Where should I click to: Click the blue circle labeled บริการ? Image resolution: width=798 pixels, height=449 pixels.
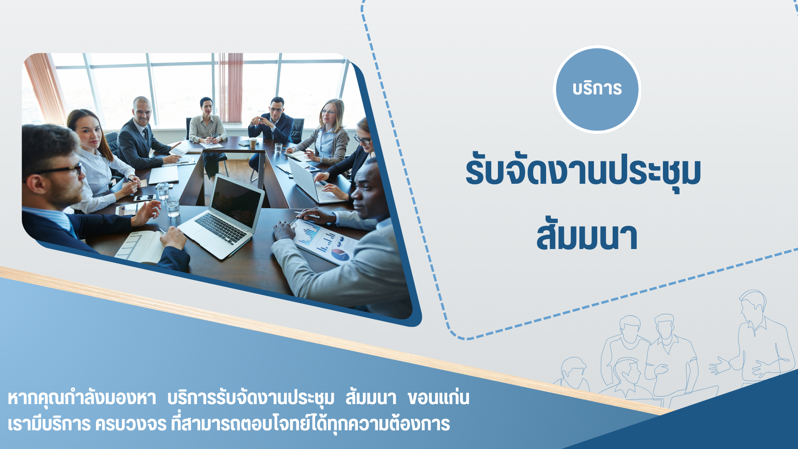(x=597, y=89)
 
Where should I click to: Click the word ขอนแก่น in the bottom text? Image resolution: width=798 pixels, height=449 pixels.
(x=438, y=398)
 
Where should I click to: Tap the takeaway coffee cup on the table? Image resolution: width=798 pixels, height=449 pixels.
(x=253, y=143)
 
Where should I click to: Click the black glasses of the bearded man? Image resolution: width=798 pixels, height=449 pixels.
(x=62, y=170)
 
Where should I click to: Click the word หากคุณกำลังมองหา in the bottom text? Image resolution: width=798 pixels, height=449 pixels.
(x=82, y=398)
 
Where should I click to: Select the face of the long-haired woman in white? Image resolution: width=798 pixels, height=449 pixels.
(x=90, y=134)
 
